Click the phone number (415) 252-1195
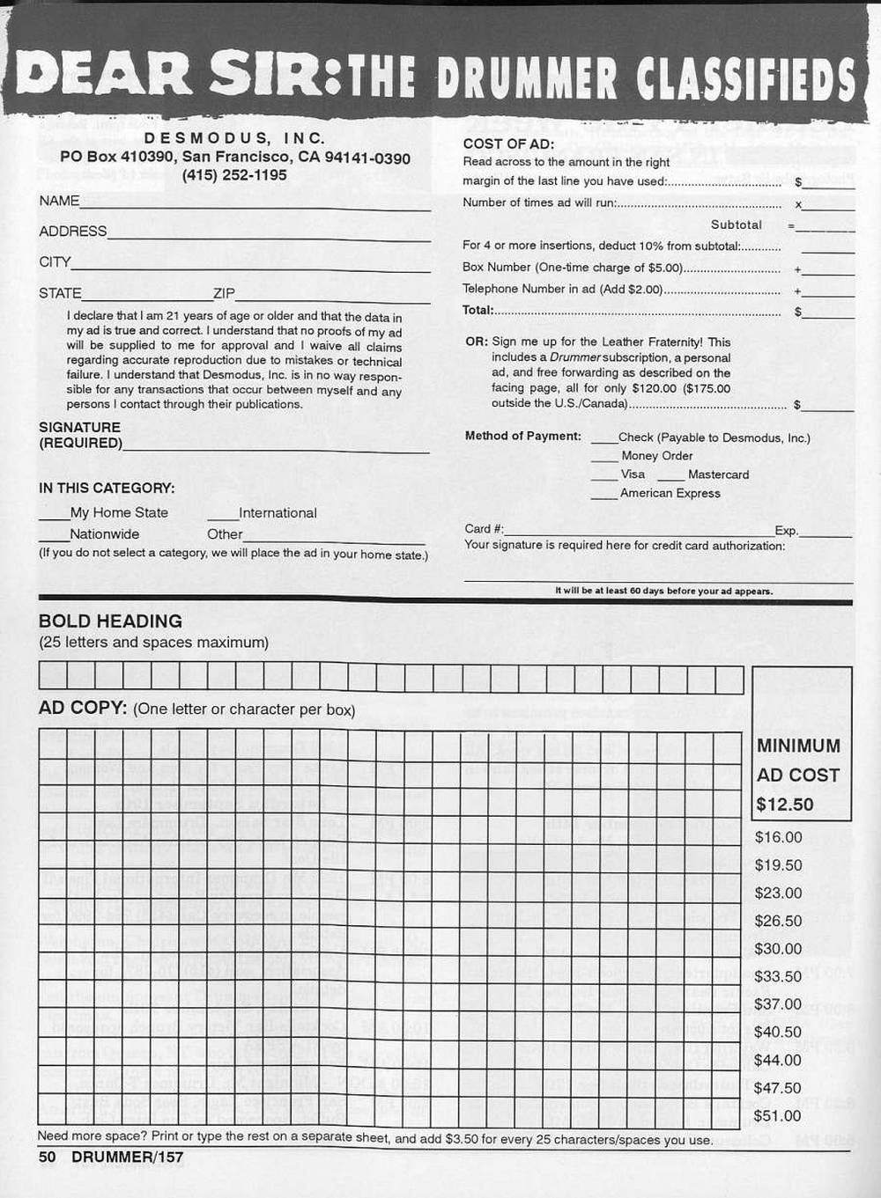tap(234, 175)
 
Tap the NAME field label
tap(59, 201)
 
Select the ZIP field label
tap(224, 293)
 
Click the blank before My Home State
tap(54, 514)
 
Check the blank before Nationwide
tap(54, 535)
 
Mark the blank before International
tap(223, 514)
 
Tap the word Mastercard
tap(718, 474)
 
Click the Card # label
tap(484, 529)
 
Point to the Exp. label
tap(787, 531)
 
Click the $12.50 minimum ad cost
tap(784, 805)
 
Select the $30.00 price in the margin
tap(778, 949)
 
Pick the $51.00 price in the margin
tap(778, 1116)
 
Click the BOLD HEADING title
tap(110, 621)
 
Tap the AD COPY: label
tap(84, 709)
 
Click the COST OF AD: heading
tap(508, 144)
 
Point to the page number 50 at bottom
tap(47, 1157)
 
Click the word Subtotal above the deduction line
tap(737, 225)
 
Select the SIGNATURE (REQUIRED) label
tap(80, 435)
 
